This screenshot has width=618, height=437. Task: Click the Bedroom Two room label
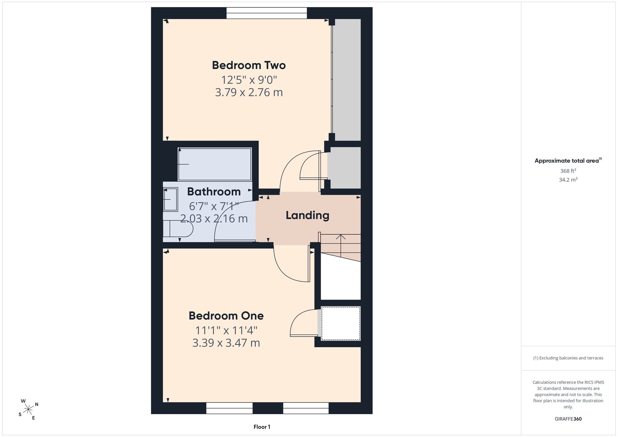249,65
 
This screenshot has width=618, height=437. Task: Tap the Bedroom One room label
226,316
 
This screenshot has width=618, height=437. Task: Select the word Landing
307,215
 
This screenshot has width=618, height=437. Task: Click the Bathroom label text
214,192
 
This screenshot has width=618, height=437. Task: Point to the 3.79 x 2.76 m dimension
249,92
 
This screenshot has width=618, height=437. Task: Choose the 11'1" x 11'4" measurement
226,330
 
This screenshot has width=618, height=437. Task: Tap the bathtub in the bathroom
215,164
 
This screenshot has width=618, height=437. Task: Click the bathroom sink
170,199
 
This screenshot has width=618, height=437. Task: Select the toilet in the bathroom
178,229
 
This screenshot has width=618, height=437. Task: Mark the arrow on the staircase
341,246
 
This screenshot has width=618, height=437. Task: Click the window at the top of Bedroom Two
267,13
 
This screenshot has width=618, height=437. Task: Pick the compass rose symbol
28,409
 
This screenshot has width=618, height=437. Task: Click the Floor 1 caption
262,427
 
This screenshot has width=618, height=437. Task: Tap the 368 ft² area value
568,171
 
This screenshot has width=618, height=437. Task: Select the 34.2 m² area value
568,180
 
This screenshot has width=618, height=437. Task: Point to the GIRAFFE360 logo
568,419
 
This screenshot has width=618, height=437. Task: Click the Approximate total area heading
568,160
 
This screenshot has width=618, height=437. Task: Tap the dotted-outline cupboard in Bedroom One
341,323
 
